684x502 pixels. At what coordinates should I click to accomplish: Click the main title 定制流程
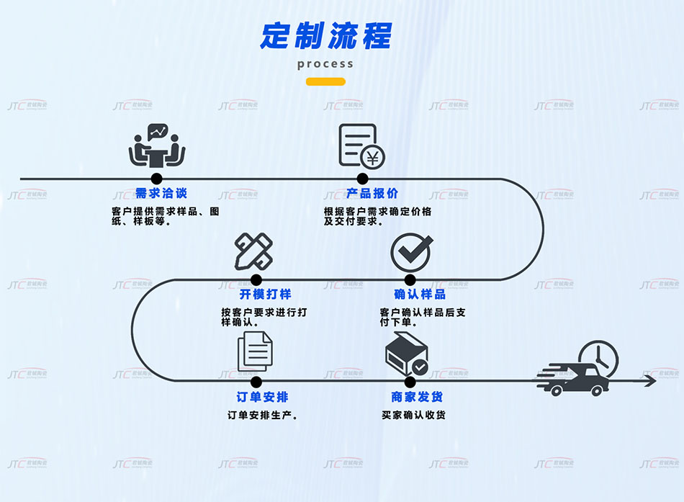(325, 35)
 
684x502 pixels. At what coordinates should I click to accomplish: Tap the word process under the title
(325, 63)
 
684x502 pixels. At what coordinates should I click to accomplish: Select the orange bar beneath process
(325, 81)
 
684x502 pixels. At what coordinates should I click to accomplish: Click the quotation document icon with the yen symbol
(361, 146)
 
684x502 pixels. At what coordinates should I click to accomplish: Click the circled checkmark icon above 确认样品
(410, 251)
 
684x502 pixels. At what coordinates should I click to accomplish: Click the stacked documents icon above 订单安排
(255, 351)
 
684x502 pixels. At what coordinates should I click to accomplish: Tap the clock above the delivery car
(598, 356)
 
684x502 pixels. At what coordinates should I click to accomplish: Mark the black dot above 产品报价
(362, 179)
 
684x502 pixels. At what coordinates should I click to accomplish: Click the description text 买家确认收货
(413, 415)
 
